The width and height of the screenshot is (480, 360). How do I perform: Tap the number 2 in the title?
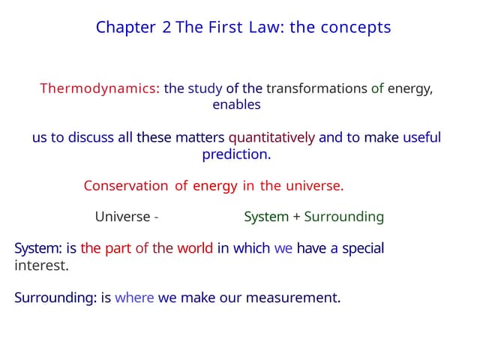166,28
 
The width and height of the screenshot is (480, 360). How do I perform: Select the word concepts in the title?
355,28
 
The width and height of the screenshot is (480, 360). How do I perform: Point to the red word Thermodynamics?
100,88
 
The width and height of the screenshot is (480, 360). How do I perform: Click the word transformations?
316,88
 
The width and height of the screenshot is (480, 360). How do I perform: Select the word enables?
236,105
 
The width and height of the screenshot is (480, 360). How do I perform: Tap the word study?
205,88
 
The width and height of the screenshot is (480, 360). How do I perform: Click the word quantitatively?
271,138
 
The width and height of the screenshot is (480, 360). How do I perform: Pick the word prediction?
236,154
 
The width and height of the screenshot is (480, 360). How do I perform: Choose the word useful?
421,138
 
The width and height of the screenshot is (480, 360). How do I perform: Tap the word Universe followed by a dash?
126,217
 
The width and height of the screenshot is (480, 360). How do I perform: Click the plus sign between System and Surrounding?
296,217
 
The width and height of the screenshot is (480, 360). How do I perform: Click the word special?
363,248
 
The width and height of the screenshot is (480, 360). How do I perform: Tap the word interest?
41,265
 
